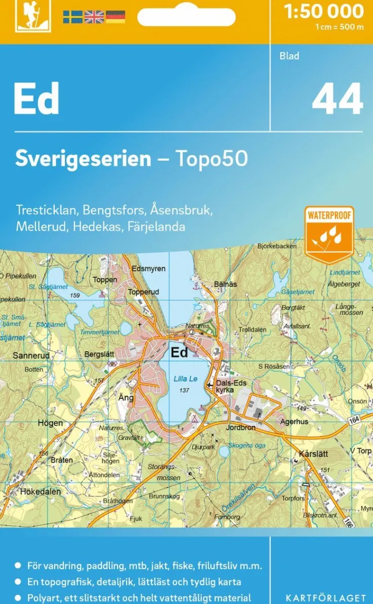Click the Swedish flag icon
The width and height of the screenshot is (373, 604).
click(x=72, y=17)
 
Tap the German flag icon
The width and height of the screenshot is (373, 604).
click(x=116, y=17)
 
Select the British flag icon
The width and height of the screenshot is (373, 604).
click(x=94, y=17)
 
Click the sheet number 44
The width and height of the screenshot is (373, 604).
click(x=338, y=99)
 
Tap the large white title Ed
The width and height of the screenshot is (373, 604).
click(x=36, y=98)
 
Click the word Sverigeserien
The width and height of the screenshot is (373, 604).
click(x=83, y=159)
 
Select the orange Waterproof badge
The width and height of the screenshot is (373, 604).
click(x=329, y=234)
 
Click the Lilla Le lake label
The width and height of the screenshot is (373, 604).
click(x=185, y=379)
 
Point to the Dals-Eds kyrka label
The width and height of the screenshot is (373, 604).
click(x=231, y=386)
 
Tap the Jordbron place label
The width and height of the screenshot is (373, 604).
click(x=241, y=428)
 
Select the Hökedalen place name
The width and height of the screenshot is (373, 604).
click(x=41, y=492)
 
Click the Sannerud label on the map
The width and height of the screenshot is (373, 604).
click(x=31, y=356)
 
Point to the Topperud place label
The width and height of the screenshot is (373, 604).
click(x=143, y=292)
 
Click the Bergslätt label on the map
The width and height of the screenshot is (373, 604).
click(x=99, y=355)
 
